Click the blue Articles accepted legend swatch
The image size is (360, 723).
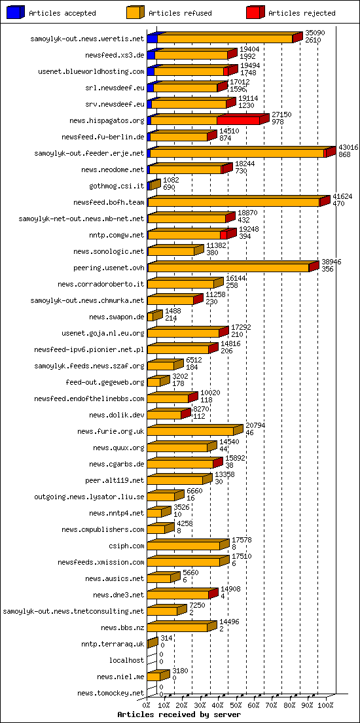pos(15,12)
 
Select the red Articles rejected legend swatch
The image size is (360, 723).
pos(255,12)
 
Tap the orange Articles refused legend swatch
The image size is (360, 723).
pos(135,12)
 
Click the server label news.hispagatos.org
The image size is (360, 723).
pos(106,120)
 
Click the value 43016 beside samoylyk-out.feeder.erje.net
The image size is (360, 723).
pos(348,147)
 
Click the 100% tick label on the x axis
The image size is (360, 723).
pos(325,705)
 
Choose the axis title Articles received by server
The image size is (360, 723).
pos(179,714)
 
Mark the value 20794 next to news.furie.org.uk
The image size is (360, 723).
pos(255,425)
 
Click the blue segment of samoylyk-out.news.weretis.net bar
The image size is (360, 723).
pos(152,39)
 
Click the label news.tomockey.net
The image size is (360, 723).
pos(110,693)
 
